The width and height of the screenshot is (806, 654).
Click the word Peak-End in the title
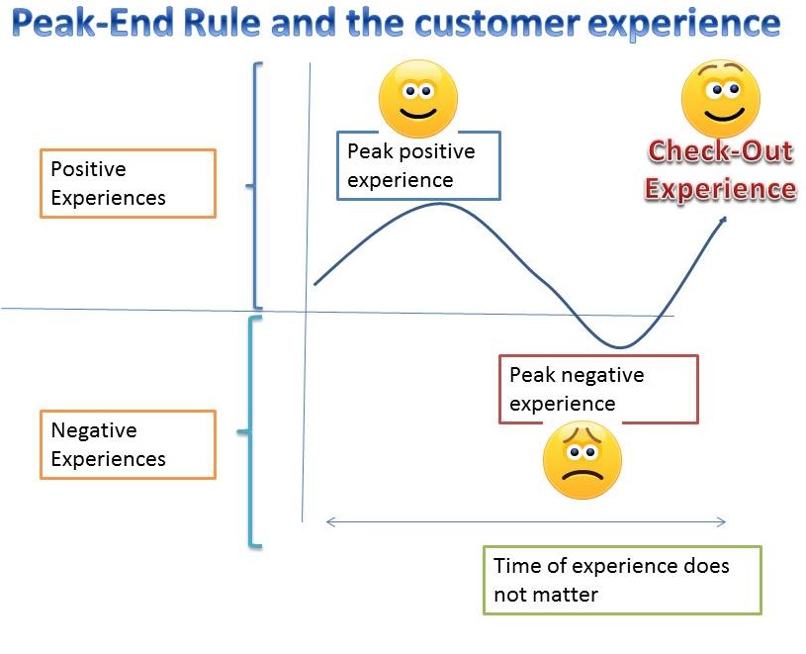(x=94, y=24)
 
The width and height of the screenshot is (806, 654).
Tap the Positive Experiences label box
(x=128, y=183)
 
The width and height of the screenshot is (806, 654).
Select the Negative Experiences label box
(x=128, y=445)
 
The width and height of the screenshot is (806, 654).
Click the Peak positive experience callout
(x=418, y=165)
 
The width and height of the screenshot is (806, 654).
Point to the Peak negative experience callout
(x=598, y=389)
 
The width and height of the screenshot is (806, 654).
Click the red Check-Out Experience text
(x=721, y=170)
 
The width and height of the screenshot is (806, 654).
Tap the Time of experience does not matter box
(x=622, y=580)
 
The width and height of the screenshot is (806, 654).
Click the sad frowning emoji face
(x=582, y=459)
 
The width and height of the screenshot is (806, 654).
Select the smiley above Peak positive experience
(x=418, y=99)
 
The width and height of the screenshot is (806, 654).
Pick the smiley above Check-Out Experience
(x=721, y=99)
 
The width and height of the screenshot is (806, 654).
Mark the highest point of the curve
(x=440, y=204)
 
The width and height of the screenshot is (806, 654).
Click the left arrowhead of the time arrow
(x=329, y=521)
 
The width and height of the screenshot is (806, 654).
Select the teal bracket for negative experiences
(x=252, y=431)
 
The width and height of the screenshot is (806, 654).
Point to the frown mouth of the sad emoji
(x=582, y=475)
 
